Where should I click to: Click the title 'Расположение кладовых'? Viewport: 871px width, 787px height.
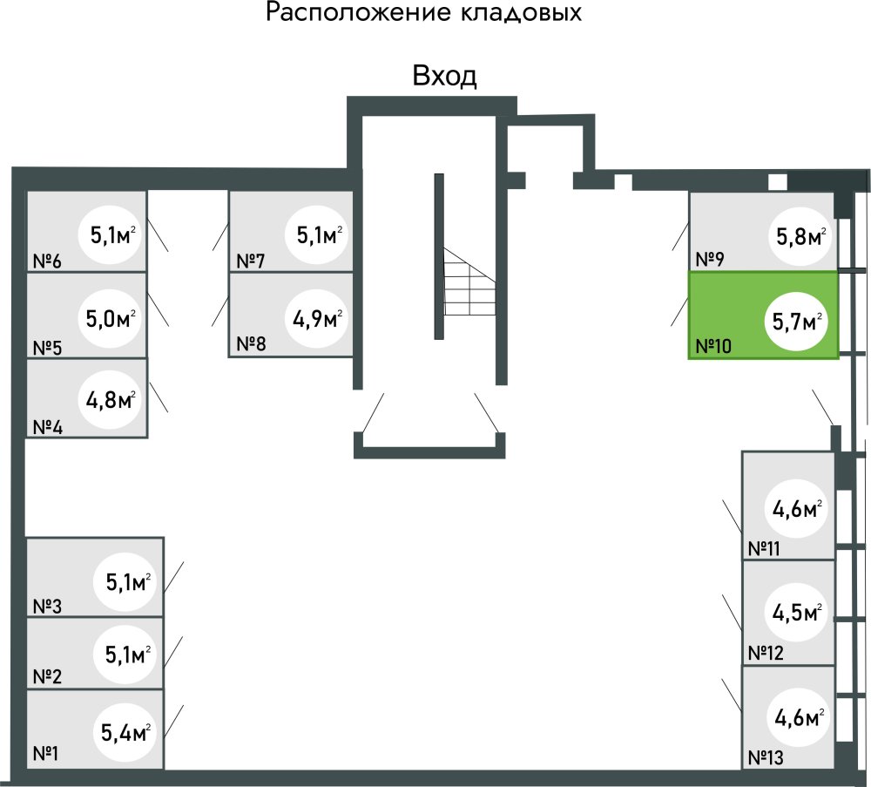[x=423, y=14]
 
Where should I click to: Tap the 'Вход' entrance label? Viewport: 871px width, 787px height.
[x=444, y=77]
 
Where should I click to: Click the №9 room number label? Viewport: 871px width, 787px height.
[x=712, y=259]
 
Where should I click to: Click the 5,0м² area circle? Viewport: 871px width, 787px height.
[x=111, y=317]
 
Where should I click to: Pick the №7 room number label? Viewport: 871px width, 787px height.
[x=251, y=261]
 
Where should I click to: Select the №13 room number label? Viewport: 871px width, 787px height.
[x=766, y=757]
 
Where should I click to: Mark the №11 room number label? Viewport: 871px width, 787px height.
[x=766, y=549]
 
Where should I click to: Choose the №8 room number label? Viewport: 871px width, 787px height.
[x=251, y=343]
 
